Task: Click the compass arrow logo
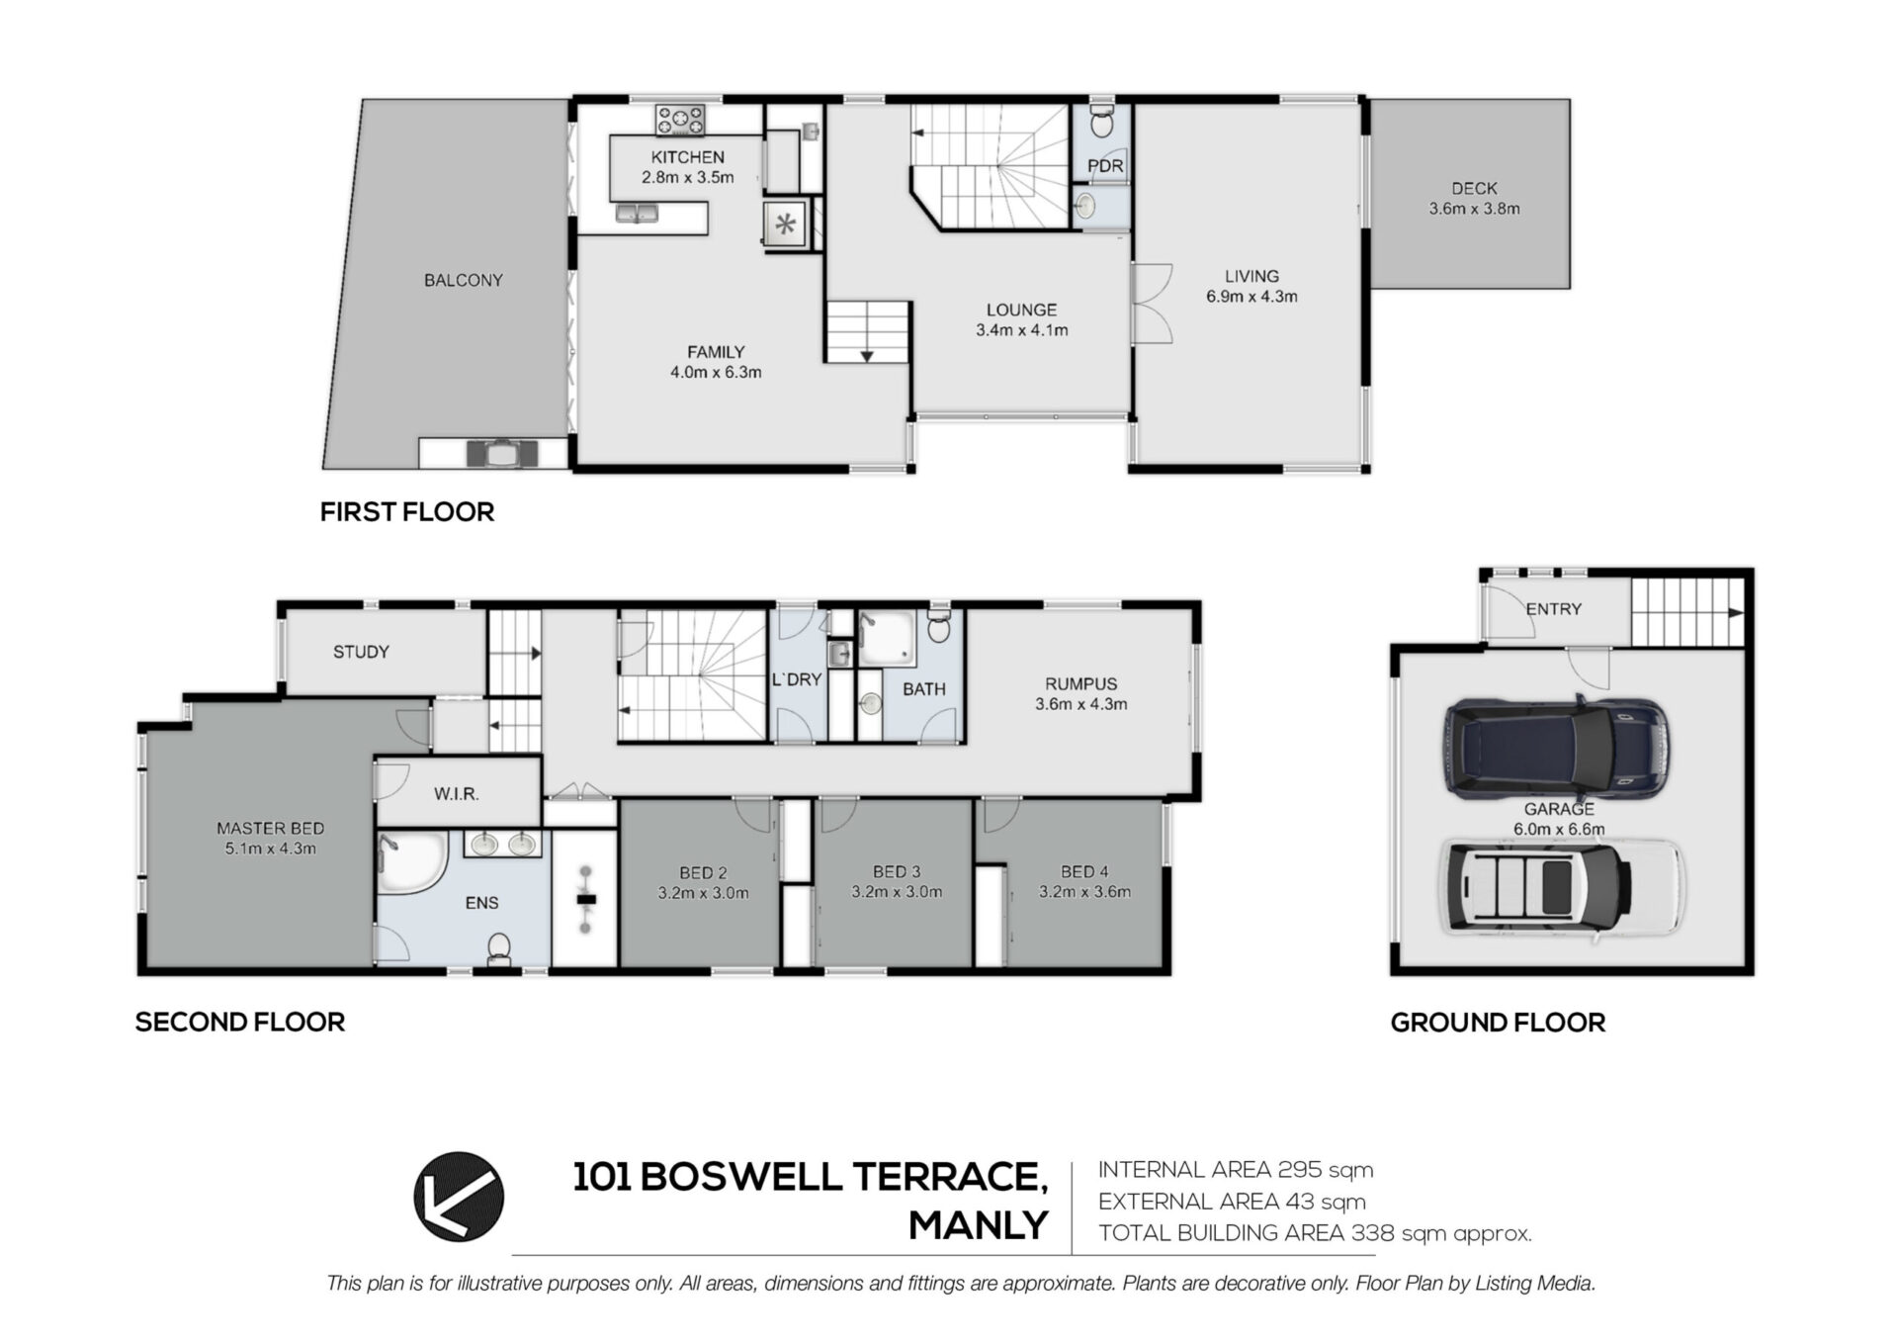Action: (459, 1196)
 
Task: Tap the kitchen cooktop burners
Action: (680, 121)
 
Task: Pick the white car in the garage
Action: (1561, 887)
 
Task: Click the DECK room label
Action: (1474, 188)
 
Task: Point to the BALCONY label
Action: (464, 280)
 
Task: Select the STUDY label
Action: (361, 652)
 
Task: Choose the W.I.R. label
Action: (456, 794)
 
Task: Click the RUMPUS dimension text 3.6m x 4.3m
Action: (1081, 704)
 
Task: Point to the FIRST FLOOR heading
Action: (407, 512)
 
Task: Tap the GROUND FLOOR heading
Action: (1498, 1023)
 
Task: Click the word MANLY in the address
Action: (978, 1225)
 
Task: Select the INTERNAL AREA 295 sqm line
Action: (1236, 1170)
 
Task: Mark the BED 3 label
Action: (897, 871)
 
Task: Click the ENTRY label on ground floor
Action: (1553, 609)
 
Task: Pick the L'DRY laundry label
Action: (797, 679)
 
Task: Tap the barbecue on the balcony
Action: (503, 453)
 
